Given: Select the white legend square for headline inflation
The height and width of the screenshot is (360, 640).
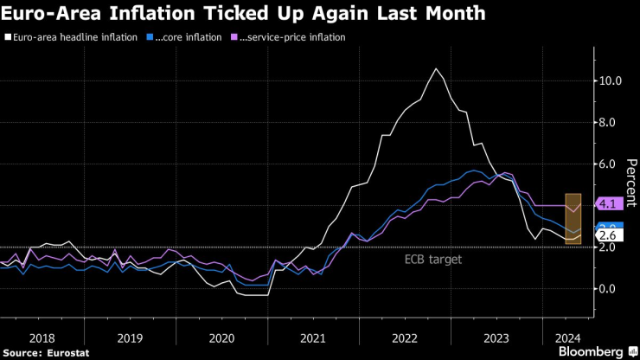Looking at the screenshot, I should pos(9,38).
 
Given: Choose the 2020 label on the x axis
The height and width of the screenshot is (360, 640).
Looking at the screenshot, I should pos(221,339).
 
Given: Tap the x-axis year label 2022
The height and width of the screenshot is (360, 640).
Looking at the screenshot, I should pos(406,339).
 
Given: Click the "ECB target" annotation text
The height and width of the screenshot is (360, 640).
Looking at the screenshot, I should pos(433,259).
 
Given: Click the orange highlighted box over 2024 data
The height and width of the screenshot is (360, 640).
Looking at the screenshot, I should pos(573,218).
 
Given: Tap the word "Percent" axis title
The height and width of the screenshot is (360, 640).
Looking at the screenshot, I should pos(631,182).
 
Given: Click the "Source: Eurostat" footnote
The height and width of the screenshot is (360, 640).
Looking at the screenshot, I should pos(41,352).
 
